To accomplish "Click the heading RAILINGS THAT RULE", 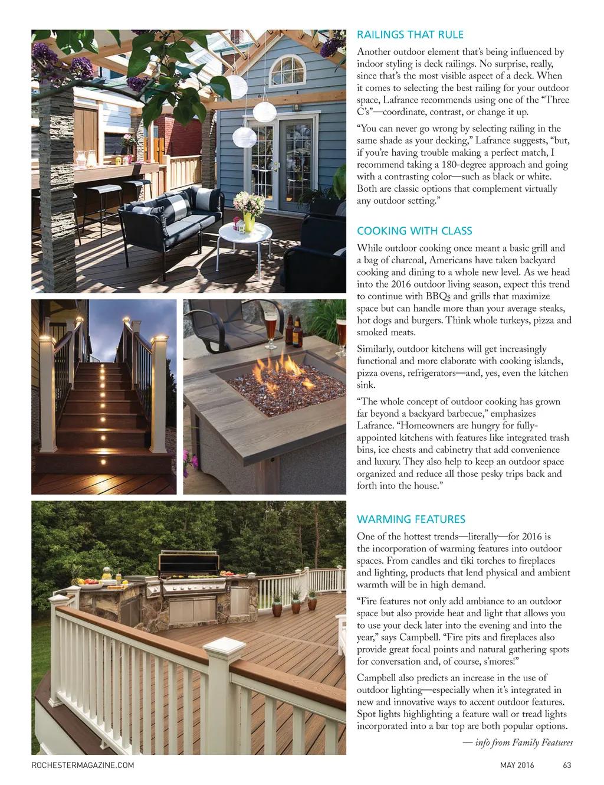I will pyautogui.click(x=410, y=35).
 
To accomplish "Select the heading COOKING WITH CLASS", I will pyautogui.click(x=414, y=231).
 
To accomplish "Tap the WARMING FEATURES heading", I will pyautogui.click(x=411, y=519).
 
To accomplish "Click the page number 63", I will pyautogui.click(x=567, y=766).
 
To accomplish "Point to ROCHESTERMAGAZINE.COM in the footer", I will pyautogui.click(x=83, y=766).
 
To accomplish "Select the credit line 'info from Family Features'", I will pyautogui.click(x=523, y=743).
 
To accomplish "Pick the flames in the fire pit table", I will pyautogui.click(x=277, y=372).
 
